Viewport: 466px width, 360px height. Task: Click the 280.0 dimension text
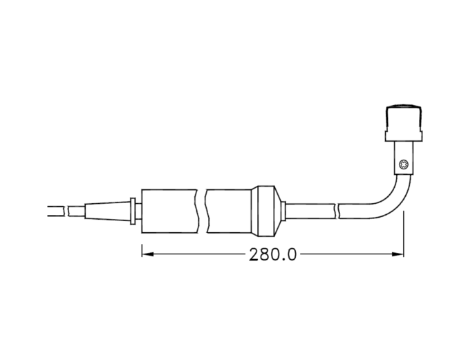coord(272,254)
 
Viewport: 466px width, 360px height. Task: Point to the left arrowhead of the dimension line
coord(147,254)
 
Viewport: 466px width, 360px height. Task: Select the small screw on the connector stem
coord(404,164)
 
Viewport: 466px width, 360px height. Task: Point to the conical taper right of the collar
coord(281,209)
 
